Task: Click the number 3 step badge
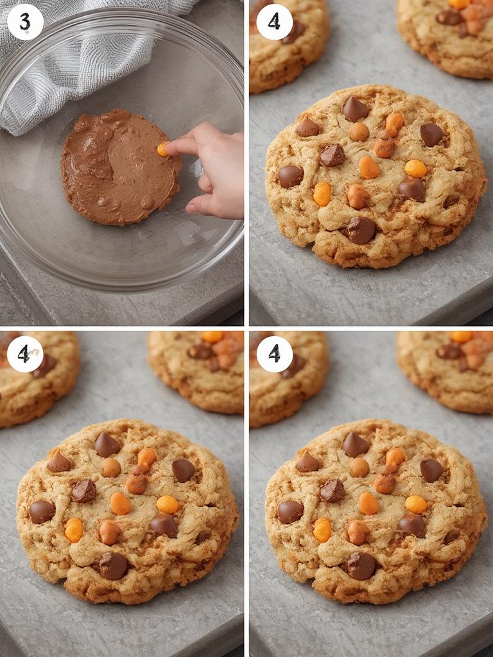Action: click(x=25, y=22)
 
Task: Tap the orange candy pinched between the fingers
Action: click(x=163, y=149)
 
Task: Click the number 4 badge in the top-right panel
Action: click(x=274, y=22)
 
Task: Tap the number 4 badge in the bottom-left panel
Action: click(x=25, y=354)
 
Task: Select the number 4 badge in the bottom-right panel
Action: click(x=274, y=354)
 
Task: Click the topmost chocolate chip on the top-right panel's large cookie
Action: click(x=355, y=109)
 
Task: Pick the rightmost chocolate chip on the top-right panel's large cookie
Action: click(x=431, y=134)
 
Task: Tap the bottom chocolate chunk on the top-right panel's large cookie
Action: click(x=361, y=230)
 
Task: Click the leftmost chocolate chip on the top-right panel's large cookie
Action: click(x=290, y=176)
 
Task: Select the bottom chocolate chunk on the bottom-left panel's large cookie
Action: click(x=113, y=565)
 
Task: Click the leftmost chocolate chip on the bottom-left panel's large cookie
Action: click(x=42, y=511)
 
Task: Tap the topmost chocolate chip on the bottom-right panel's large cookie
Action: click(x=355, y=444)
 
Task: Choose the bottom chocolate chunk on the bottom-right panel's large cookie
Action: click(x=361, y=565)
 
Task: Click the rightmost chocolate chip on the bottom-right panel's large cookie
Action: click(x=431, y=470)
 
